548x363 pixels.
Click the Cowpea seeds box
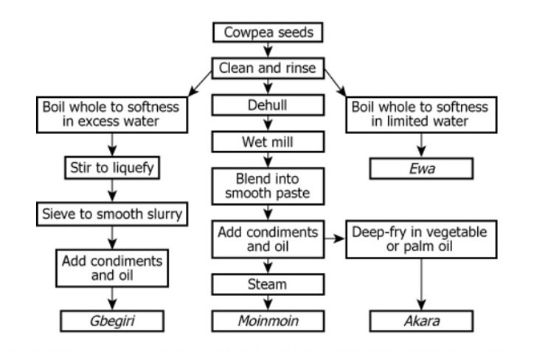coord(268,33)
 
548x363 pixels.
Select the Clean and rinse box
coord(268,68)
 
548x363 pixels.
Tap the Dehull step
coord(268,105)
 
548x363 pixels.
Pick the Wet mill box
coord(268,139)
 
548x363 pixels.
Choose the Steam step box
coord(268,283)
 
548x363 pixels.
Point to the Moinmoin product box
coord(268,321)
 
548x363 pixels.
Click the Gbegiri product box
coord(112,321)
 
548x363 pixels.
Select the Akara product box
coord(422,321)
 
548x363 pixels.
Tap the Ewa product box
coord(422,169)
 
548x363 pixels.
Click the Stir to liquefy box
coord(112,169)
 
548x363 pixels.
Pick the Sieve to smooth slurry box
coord(112,214)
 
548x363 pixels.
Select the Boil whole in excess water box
coord(112,114)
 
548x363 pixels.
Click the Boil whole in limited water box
coord(422,114)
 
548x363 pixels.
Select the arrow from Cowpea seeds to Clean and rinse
coord(268,51)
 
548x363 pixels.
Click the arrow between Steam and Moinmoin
coord(268,302)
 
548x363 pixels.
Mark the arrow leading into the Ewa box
coord(422,144)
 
